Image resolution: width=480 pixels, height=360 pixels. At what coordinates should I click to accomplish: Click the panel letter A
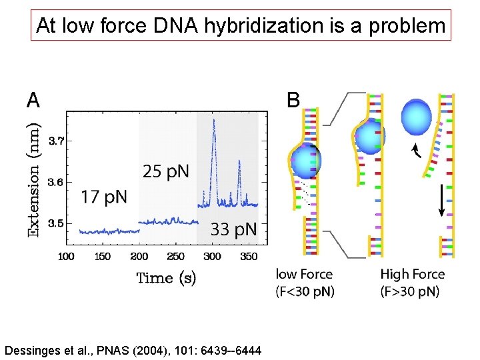(x=33, y=101)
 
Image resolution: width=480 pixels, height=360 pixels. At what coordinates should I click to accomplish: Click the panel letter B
(x=293, y=101)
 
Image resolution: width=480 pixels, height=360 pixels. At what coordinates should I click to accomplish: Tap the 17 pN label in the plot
(x=104, y=197)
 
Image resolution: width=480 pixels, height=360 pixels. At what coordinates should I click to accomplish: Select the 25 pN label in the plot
(x=166, y=172)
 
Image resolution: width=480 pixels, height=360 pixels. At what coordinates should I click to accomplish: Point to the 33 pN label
(x=233, y=230)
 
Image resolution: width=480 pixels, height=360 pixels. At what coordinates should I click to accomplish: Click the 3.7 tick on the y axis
(x=57, y=141)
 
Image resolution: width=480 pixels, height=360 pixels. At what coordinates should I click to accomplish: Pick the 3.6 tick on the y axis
(x=57, y=182)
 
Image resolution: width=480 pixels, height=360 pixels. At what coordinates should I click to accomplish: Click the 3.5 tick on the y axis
(x=57, y=223)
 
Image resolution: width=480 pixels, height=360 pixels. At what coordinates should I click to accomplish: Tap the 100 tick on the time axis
(x=66, y=257)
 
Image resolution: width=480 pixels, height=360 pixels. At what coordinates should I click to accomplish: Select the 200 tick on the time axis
(x=139, y=257)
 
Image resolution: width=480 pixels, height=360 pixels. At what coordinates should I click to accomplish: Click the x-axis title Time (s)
(x=166, y=278)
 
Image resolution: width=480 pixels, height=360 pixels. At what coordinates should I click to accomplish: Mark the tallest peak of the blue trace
(x=213, y=120)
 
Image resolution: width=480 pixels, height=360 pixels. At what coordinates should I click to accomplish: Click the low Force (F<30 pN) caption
(x=305, y=283)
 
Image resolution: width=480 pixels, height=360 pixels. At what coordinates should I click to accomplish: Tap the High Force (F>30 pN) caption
(x=412, y=283)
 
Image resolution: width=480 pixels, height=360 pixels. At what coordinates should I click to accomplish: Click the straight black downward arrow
(x=442, y=200)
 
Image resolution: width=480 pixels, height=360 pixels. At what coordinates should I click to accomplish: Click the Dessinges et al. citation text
(x=133, y=350)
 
